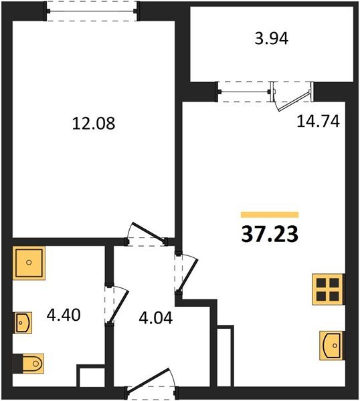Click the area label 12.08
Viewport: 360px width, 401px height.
(x=93, y=124)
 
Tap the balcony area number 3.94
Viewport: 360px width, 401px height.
(x=272, y=39)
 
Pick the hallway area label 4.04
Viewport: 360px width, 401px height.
(x=155, y=317)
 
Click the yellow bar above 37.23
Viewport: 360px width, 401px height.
(x=270, y=215)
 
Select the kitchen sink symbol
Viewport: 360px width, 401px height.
(x=333, y=345)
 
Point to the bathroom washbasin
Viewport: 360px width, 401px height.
(x=23, y=323)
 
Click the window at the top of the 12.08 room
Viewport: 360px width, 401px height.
(x=92, y=11)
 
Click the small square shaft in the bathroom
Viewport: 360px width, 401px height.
(x=90, y=376)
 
